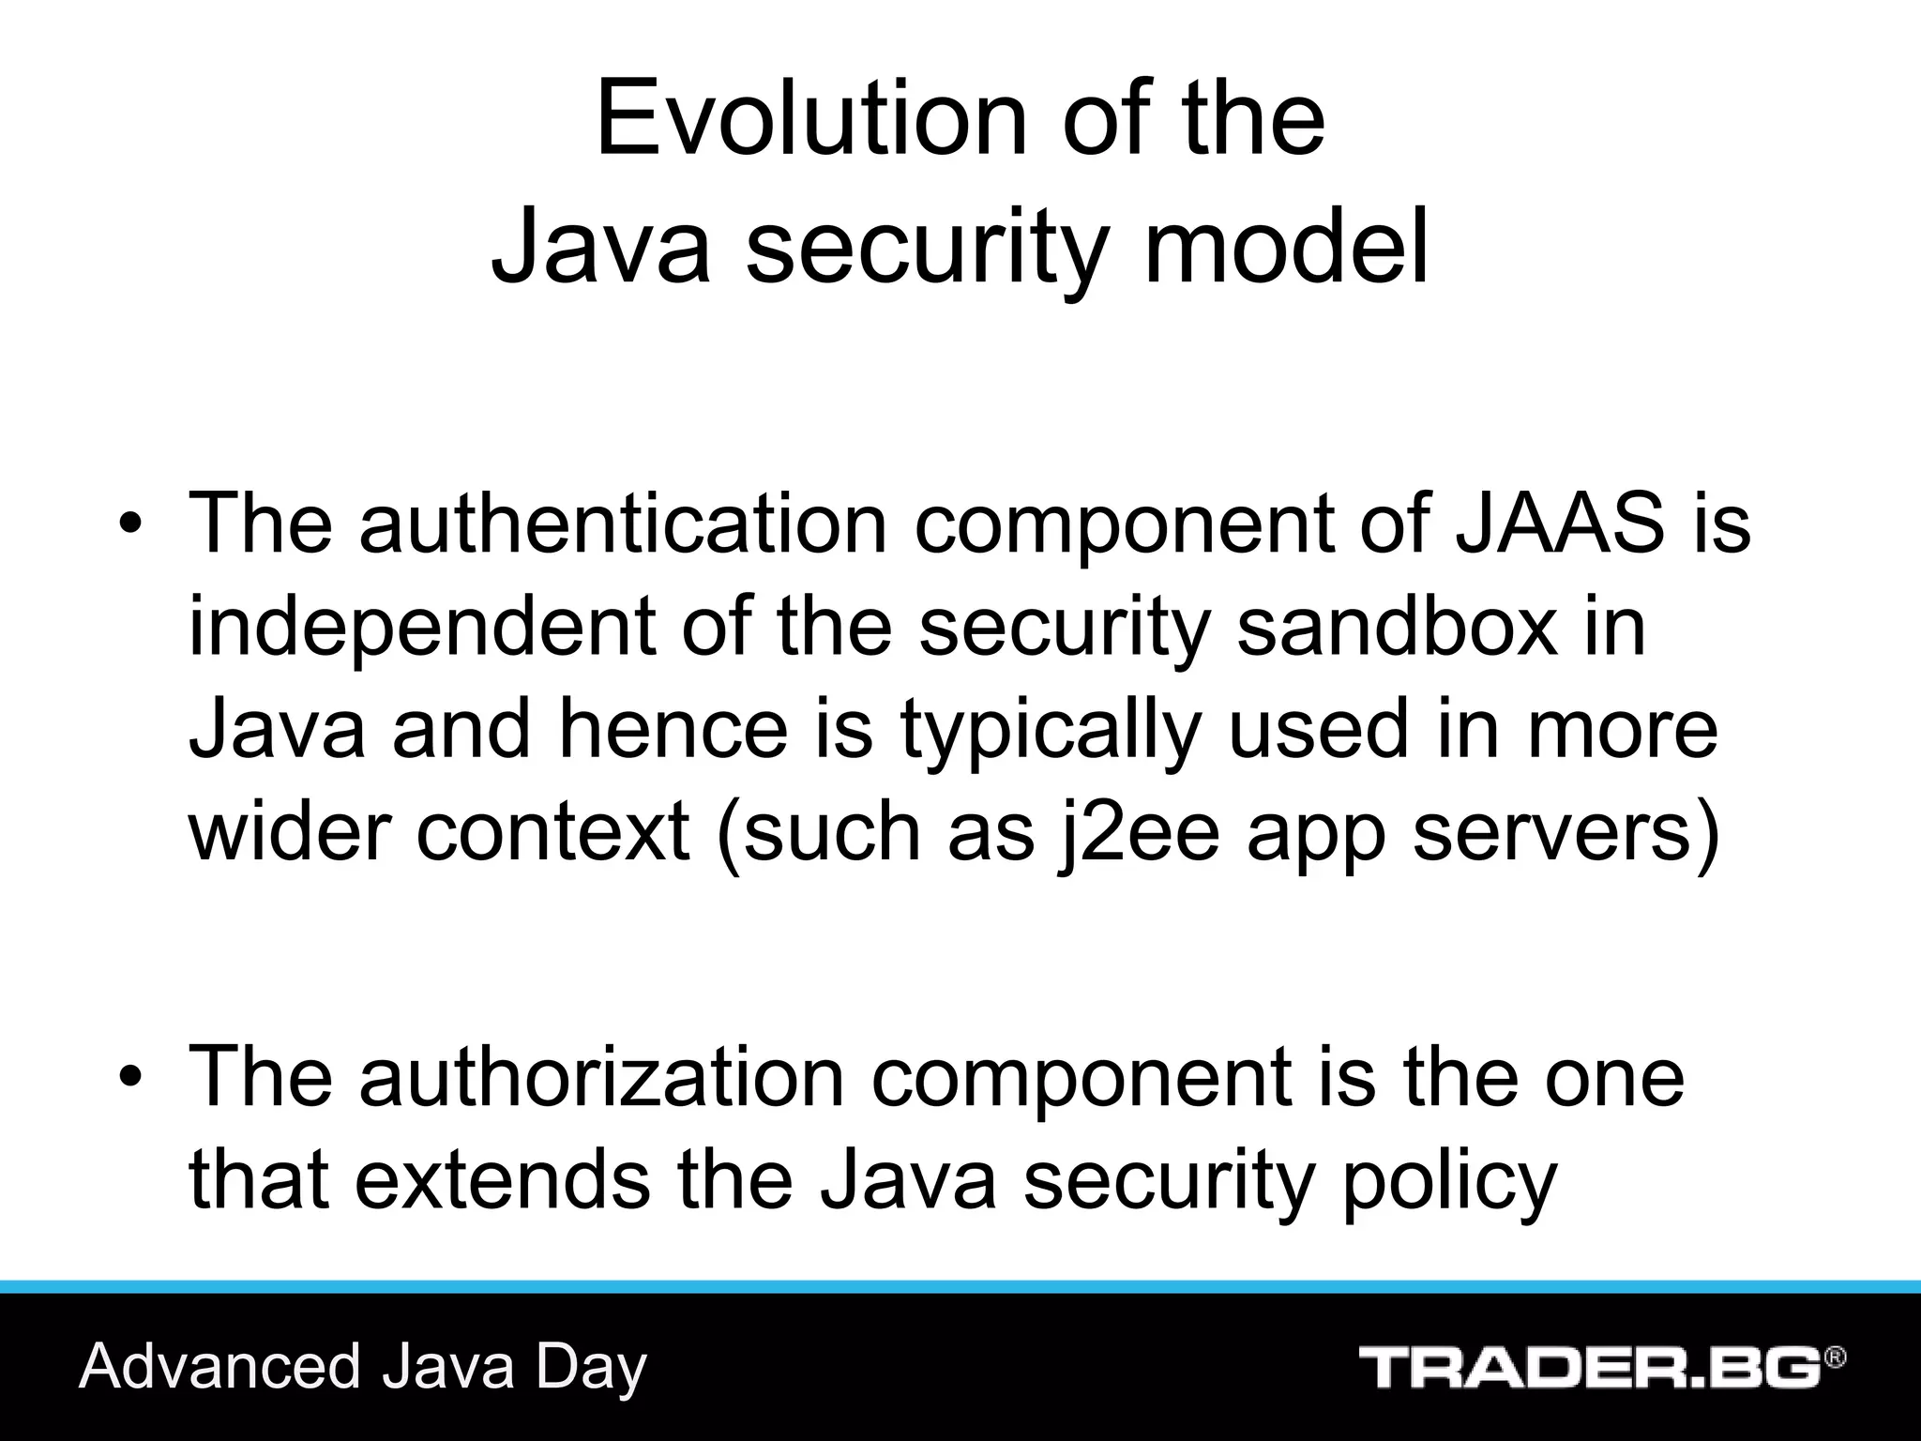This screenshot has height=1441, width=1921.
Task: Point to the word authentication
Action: pos(623,523)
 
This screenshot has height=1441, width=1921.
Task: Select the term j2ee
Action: pos(1136,833)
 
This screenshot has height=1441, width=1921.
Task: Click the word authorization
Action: pos(601,1077)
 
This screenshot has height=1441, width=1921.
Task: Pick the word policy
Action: pos(1450,1180)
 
